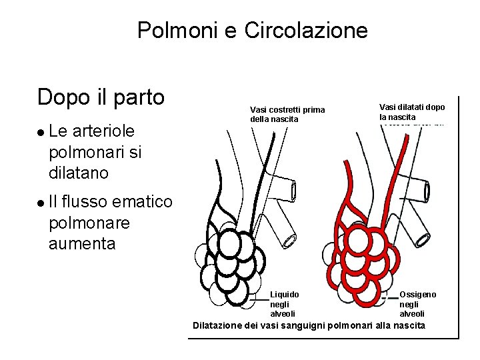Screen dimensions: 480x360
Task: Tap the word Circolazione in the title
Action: click(x=306, y=30)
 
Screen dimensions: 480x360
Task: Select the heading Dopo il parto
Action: click(x=101, y=97)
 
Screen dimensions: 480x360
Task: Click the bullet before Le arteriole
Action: click(x=41, y=132)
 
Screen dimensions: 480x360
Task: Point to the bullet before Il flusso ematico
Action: click(x=41, y=202)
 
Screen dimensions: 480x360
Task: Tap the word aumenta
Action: click(x=81, y=243)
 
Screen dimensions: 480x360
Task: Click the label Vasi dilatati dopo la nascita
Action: click(x=412, y=112)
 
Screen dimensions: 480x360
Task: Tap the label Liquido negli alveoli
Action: click(x=285, y=303)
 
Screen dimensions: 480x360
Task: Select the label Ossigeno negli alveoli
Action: click(x=418, y=303)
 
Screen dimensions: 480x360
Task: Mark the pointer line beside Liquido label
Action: click(x=261, y=299)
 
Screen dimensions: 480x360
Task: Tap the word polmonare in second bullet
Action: click(x=89, y=223)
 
